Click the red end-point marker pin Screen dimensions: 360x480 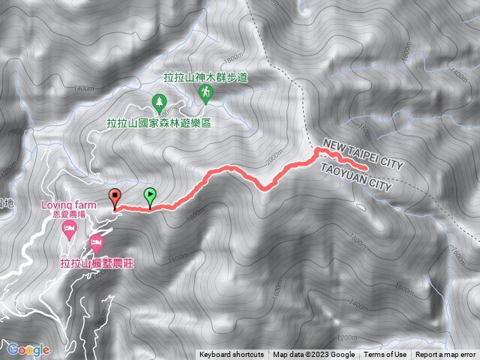point(114,198)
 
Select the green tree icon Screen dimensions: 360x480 point(158,100)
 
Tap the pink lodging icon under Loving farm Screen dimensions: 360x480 point(69,229)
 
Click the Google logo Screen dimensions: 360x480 point(28,349)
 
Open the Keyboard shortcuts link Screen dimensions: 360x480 point(232,355)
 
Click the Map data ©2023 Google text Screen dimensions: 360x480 point(313,355)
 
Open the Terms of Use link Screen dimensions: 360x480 point(385,355)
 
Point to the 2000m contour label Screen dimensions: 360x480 point(275,158)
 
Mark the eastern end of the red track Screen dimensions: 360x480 point(365,169)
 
